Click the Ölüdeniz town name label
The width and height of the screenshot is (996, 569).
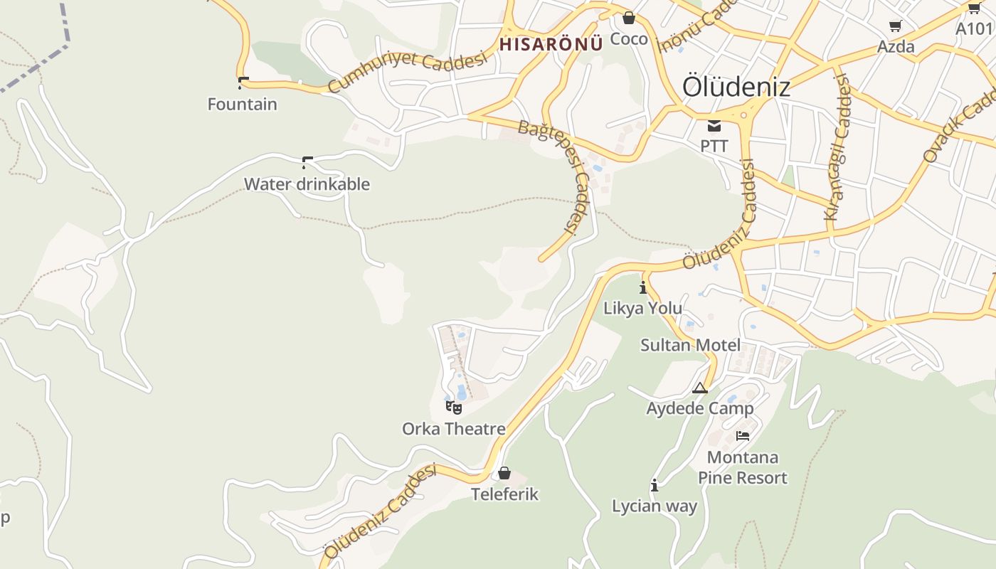tap(736, 87)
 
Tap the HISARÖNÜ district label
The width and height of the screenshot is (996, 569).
tap(551, 43)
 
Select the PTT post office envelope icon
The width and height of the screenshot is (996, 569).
tap(714, 127)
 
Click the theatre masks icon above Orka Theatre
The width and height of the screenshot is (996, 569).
tap(453, 408)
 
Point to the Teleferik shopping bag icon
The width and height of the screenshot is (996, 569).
tap(504, 473)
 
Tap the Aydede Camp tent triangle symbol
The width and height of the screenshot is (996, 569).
tap(700, 388)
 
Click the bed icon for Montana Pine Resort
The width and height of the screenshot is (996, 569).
tap(743, 435)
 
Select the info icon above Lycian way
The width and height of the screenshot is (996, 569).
tap(655, 485)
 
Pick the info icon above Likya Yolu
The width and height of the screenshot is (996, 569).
tap(643, 287)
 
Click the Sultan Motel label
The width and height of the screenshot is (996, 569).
tap(690, 346)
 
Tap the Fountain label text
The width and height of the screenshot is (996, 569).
tap(242, 105)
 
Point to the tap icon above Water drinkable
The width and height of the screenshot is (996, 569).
tap(307, 162)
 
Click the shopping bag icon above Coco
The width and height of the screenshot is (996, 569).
tap(628, 18)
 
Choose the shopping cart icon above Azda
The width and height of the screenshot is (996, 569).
tap(895, 26)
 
